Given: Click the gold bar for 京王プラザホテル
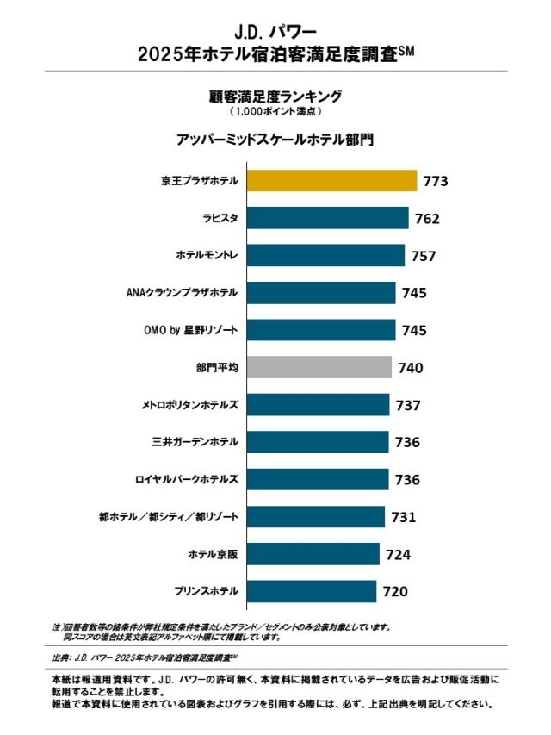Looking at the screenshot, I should click(x=332, y=181).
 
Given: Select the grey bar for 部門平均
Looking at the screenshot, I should click(x=319, y=368).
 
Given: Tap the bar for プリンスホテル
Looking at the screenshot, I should click(x=312, y=591).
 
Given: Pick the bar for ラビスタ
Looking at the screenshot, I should click(x=328, y=218).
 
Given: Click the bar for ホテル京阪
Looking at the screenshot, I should click(x=313, y=554).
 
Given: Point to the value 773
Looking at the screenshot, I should click(x=436, y=182).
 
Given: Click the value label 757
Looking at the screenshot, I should click(x=424, y=256).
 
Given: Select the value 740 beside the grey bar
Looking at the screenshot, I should click(x=411, y=368).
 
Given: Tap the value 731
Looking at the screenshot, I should click(x=403, y=517).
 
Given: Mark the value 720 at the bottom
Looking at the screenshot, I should click(x=394, y=591).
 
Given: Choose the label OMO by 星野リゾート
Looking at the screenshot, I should click(x=191, y=330).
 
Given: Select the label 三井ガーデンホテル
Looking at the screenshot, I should click(x=195, y=442).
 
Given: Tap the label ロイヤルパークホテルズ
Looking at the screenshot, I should click(x=187, y=479).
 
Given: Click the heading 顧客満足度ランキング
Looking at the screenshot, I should click(x=275, y=96).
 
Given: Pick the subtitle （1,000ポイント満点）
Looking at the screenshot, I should click(x=275, y=112).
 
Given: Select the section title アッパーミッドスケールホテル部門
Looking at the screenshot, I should click(x=275, y=139).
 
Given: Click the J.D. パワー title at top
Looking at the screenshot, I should click(x=275, y=33).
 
